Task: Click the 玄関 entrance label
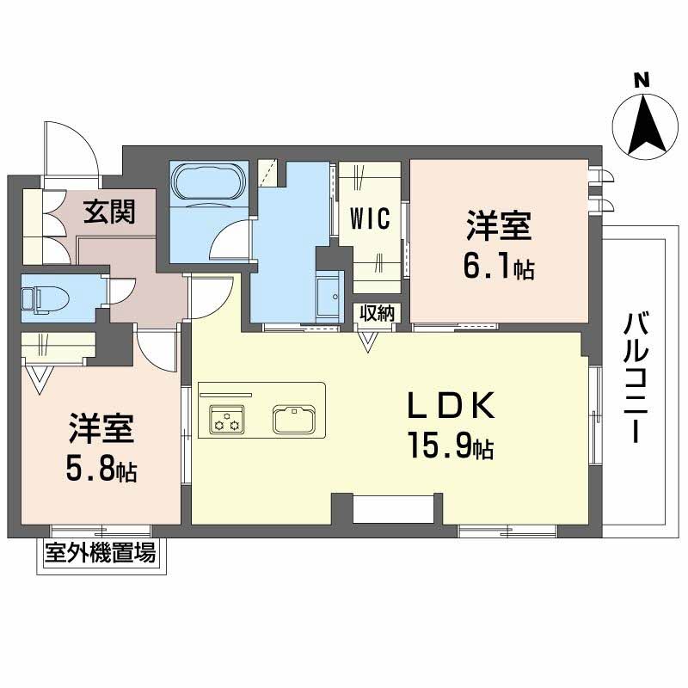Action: (109, 211)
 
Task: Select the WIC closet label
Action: (371, 218)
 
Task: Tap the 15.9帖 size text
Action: (450, 448)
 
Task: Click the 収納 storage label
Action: (377, 313)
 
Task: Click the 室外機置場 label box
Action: (101, 554)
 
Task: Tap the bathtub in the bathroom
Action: (210, 183)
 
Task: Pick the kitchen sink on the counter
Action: (295, 420)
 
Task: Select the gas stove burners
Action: (226, 420)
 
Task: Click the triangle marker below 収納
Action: (368, 342)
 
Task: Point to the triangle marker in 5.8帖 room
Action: (39, 378)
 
